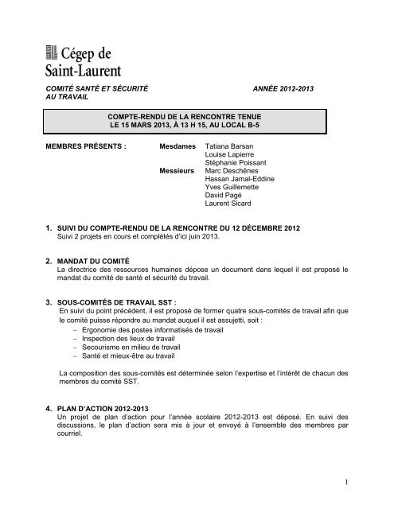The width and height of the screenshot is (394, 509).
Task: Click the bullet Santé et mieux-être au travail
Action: pos(123,382)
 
